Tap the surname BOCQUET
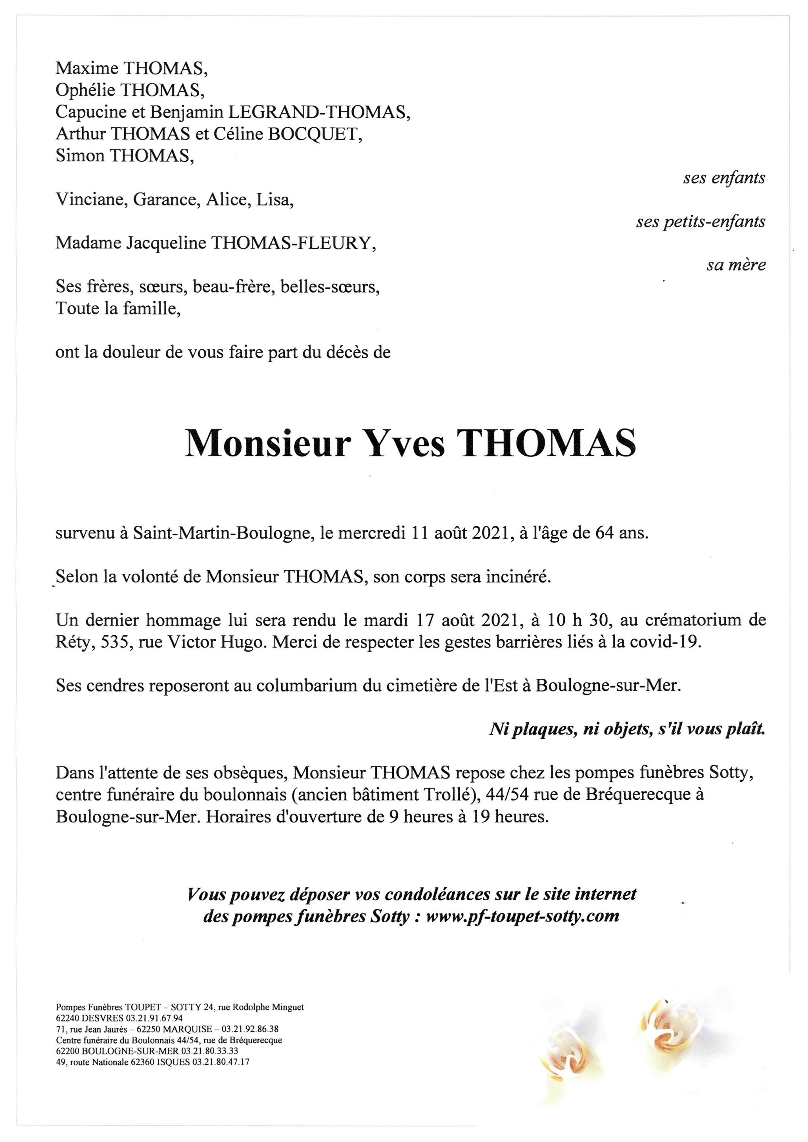(315, 134)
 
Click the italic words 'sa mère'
(736, 266)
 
